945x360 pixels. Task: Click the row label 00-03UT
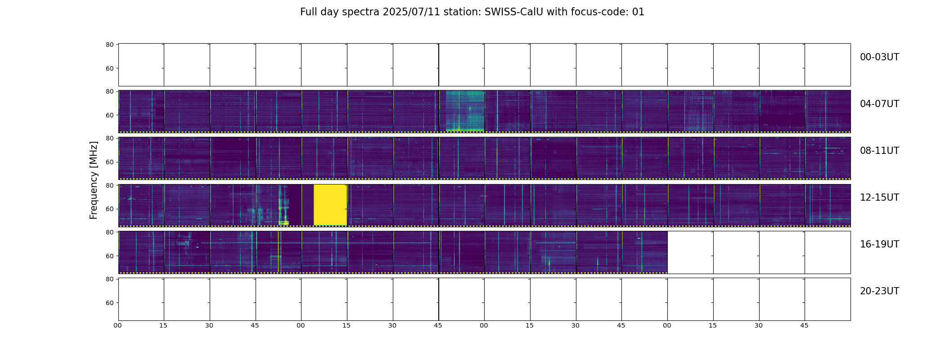pyautogui.click(x=879, y=57)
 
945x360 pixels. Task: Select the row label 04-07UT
pyautogui.click(x=879, y=104)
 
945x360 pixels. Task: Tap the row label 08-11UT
pyautogui.click(x=879, y=151)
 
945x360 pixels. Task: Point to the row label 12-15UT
pyautogui.click(x=879, y=198)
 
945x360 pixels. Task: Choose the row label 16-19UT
pyautogui.click(x=879, y=244)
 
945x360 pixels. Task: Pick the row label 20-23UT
pyautogui.click(x=879, y=291)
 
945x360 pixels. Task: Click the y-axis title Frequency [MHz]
pyautogui.click(x=94, y=180)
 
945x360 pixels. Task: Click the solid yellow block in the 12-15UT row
pyautogui.click(x=330, y=205)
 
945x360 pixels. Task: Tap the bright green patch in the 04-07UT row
pyautogui.click(x=465, y=111)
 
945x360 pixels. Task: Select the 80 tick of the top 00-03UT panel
pyautogui.click(x=109, y=45)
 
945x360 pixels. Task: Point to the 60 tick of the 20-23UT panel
pyautogui.click(x=109, y=303)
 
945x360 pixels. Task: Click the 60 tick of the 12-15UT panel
pyautogui.click(x=109, y=209)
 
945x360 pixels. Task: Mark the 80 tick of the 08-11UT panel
pyautogui.click(x=109, y=139)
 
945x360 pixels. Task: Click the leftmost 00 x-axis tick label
pyautogui.click(x=117, y=325)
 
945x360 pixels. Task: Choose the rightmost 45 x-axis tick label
pyautogui.click(x=804, y=325)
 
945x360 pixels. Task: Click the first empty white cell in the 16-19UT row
pyautogui.click(x=690, y=252)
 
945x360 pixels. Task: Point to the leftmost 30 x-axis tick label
pyautogui.click(x=209, y=325)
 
